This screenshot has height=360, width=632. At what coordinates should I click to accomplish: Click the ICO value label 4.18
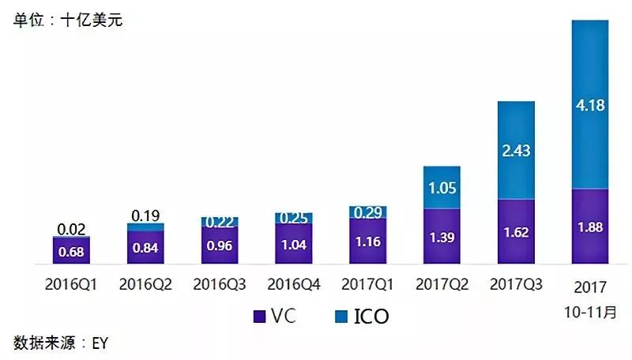tap(590, 105)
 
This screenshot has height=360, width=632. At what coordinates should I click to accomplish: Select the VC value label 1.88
tap(590, 228)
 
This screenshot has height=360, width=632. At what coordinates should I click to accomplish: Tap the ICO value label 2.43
tap(516, 151)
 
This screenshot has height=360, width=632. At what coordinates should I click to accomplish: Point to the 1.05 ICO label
tap(442, 188)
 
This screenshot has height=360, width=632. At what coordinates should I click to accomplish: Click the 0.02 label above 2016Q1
tap(71, 229)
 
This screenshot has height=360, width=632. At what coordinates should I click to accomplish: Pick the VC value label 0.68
tap(71, 251)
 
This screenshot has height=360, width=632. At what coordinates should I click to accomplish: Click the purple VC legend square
tap(258, 317)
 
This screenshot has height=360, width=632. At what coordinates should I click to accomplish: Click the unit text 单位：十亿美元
tap(67, 20)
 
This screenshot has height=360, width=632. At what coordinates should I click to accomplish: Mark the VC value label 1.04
tap(294, 244)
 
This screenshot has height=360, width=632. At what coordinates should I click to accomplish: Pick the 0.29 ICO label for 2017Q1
tap(367, 212)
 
